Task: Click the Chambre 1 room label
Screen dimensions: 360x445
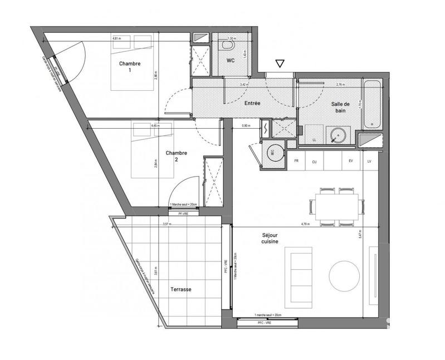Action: click(129, 67)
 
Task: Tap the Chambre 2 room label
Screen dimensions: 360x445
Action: click(177, 156)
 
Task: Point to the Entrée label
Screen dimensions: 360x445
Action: click(253, 104)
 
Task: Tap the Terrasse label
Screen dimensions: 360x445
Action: click(182, 290)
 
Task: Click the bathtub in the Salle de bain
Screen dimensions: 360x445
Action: click(372, 104)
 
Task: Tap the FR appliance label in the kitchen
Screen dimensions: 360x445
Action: click(297, 162)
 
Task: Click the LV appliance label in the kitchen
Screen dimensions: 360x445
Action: click(368, 162)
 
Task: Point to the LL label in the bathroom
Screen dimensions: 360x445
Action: click(315, 139)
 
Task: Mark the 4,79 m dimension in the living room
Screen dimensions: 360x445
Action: click(305, 224)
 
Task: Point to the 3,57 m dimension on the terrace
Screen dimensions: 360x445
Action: click(166, 224)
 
